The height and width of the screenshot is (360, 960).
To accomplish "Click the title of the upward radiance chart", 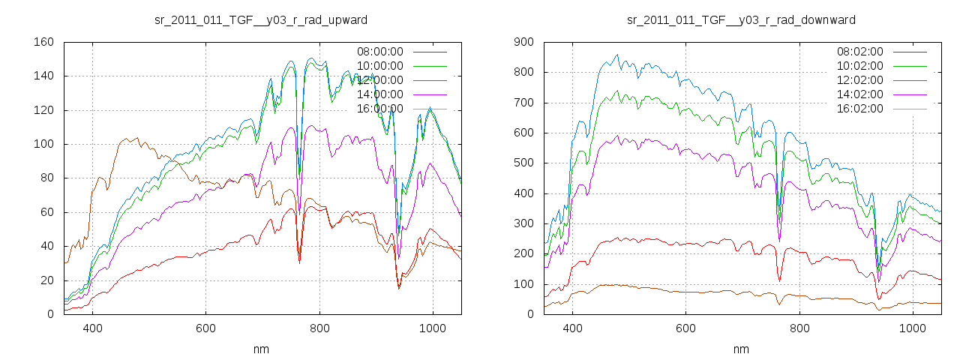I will point(261,19).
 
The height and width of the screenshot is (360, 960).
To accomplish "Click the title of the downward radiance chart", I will point(741,19).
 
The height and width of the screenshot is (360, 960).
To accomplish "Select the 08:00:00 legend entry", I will point(379,52).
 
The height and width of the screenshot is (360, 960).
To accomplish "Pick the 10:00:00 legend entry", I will point(379,66).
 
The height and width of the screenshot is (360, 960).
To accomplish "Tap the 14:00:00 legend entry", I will point(379,94).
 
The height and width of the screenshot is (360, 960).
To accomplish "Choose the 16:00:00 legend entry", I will point(379,109).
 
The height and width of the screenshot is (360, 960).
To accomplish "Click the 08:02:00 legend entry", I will point(859,52).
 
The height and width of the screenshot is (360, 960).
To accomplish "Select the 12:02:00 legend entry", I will point(859,80).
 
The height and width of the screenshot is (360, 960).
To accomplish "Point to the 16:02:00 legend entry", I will point(859,109).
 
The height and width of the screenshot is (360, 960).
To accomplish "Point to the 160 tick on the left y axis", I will point(43,42).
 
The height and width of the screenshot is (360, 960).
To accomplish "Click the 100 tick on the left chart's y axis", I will point(43,144).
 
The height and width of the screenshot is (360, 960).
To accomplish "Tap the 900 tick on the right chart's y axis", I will point(523,42).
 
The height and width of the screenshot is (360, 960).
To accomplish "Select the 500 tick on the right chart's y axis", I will point(523,163).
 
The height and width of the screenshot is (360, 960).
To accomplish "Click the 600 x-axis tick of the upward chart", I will point(206,328).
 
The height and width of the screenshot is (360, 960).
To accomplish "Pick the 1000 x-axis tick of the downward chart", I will point(913,328).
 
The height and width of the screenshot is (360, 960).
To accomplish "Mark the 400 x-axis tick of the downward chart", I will point(573,328).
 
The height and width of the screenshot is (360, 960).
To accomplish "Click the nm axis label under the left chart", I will point(261,349).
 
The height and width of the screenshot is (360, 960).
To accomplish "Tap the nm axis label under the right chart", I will point(741,349).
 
